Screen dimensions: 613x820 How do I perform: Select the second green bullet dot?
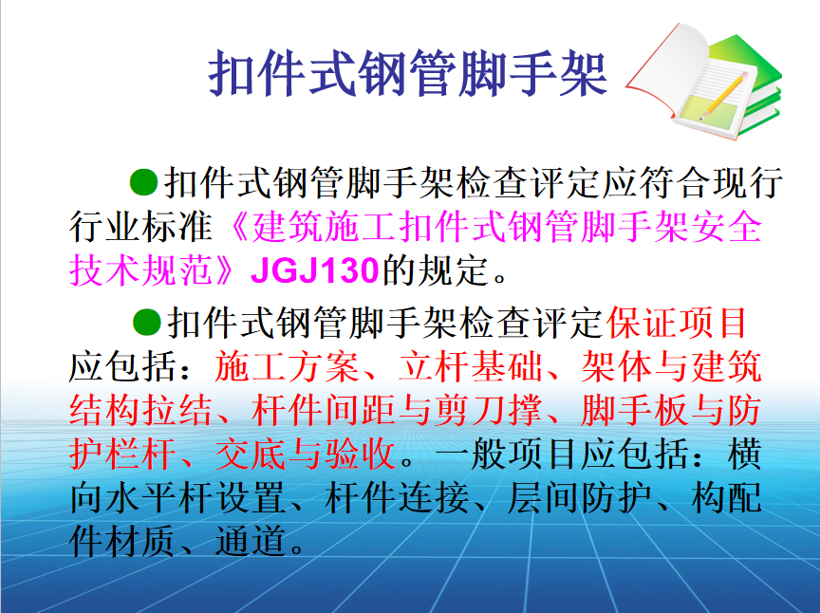[x=145, y=322]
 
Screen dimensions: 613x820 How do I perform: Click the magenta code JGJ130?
[x=314, y=271]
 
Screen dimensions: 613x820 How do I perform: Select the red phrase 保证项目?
[x=677, y=323]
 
